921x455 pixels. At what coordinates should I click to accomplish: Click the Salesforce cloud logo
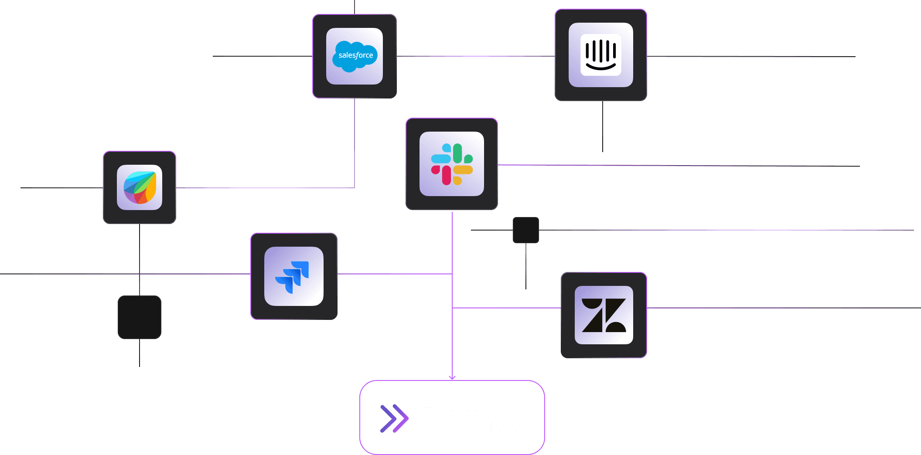tap(355, 56)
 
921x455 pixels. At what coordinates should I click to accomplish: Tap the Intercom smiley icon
tap(601, 55)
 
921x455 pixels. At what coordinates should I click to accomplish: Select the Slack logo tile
tap(452, 164)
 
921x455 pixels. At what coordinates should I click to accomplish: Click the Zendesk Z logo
tap(604, 315)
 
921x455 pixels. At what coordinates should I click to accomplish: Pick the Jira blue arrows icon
tap(293, 276)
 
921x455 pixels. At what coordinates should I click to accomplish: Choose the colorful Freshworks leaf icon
tap(140, 187)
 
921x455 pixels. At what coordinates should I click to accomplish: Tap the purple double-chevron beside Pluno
tap(394, 419)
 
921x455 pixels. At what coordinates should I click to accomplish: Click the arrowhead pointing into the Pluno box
tap(452, 377)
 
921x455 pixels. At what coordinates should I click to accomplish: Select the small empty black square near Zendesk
tap(526, 230)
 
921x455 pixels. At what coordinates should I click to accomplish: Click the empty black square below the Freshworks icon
tap(140, 317)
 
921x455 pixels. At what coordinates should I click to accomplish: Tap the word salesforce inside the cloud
tap(355, 55)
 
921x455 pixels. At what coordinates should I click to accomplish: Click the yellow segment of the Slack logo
tap(463, 170)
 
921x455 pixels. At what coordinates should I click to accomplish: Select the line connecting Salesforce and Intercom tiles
tap(475, 56)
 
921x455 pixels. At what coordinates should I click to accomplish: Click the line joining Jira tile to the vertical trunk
tap(395, 274)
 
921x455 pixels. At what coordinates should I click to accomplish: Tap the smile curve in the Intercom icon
tap(601, 67)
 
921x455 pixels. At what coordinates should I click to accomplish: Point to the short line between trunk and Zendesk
tap(506, 308)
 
